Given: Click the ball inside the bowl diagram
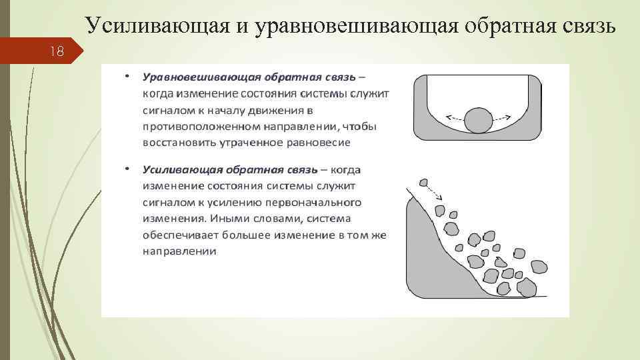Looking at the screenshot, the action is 478,121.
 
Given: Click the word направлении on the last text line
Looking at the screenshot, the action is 179,251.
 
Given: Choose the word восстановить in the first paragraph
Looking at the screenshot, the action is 177,143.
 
